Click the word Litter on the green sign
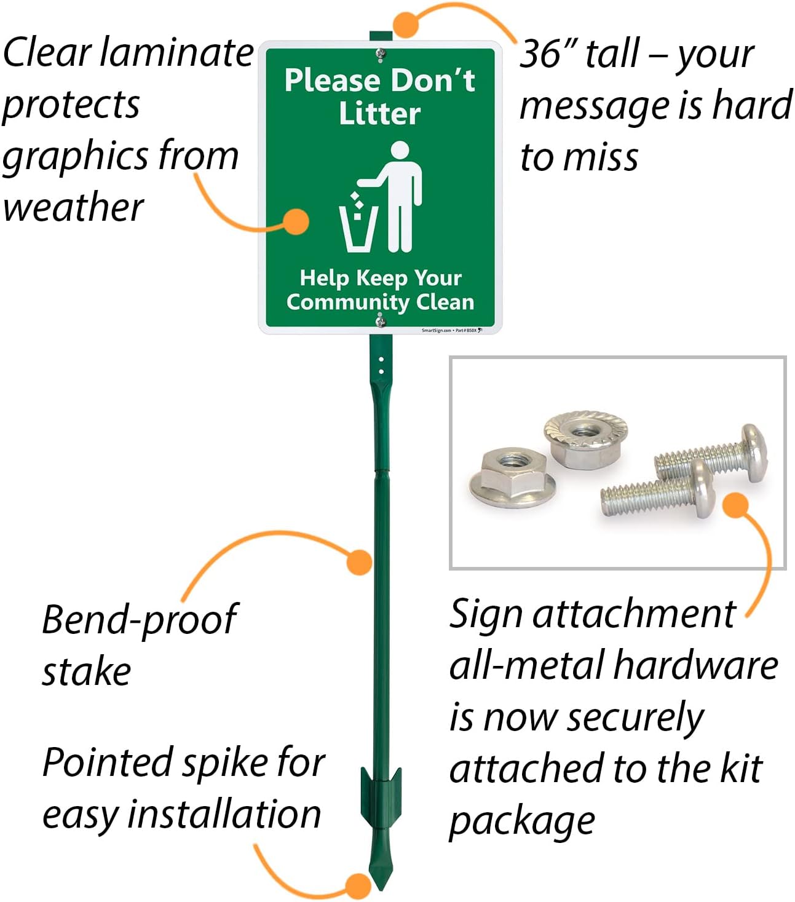click(379, 114)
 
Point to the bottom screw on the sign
click(381, 320)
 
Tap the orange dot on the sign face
click(298, 221)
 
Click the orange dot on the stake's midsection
click(360, 562)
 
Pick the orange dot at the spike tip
click(358, 885)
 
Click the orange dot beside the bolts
click(735, 505)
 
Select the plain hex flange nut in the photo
click(512, 478)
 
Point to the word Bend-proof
click(139, 620)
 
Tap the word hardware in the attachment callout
click(696, 667)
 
